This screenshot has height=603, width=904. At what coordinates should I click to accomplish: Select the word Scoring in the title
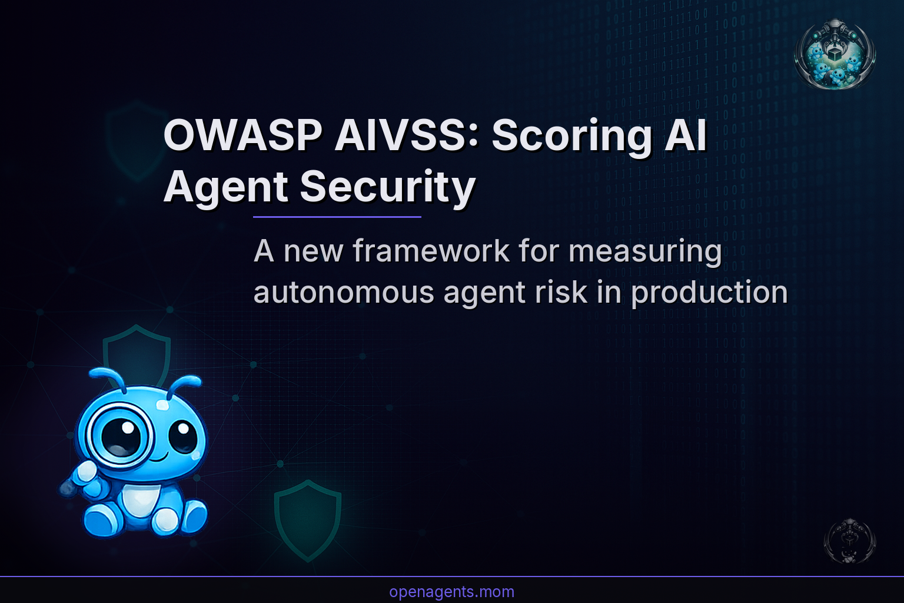(x=571, y=135)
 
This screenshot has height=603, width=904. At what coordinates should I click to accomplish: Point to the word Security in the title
(x=387, y=187)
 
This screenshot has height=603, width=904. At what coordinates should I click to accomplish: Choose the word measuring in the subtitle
(x=645, y=251)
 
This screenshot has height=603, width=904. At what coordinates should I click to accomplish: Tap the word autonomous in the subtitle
(x=343, y=292)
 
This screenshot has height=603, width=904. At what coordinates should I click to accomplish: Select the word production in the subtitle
(x=709, y=292)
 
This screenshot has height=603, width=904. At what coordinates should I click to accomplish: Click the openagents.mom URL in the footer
(x=451, y=592)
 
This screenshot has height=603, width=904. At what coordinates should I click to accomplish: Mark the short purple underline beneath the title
(x=337, y=217)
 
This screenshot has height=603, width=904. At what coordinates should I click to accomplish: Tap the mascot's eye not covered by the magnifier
(x=183, y=436)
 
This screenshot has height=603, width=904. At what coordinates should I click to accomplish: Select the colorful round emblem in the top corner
(x=835, y=54)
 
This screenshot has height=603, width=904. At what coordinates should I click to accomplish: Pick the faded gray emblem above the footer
(x=849, y=541)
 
